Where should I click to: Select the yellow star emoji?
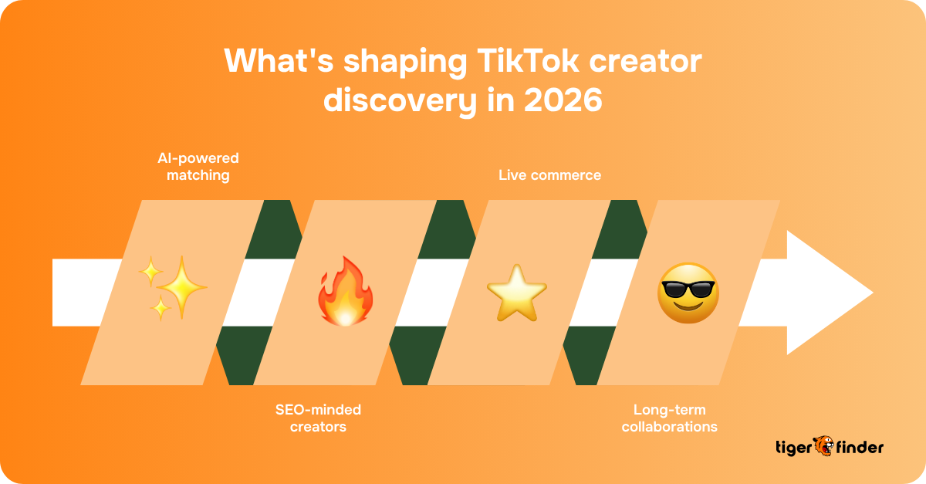(516, 292)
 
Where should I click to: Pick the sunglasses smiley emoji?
(688, 293)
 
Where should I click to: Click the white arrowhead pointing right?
(829, 293)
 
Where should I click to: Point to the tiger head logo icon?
(823, 446)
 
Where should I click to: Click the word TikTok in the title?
(510, 62)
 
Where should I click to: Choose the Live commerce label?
(549, 175)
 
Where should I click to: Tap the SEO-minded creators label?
(318, 418)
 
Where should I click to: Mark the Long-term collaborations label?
(670, 418)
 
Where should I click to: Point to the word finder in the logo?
(859, 447)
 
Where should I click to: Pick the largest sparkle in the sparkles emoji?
(182, 287)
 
